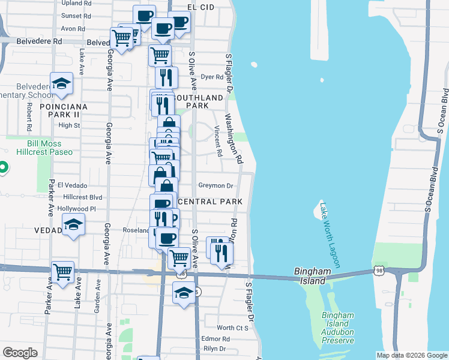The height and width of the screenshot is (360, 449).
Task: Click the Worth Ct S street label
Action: (x=233, y=328)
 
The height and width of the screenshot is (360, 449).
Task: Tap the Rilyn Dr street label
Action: (x=214, y=349)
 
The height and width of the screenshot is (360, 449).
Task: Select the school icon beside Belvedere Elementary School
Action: (x=61, y=84)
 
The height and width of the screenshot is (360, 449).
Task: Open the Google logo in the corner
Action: (x=20, y=353)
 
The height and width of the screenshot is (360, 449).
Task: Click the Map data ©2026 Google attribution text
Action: (x=412, y=355)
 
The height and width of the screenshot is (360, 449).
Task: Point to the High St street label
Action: (x=69, y=125)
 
